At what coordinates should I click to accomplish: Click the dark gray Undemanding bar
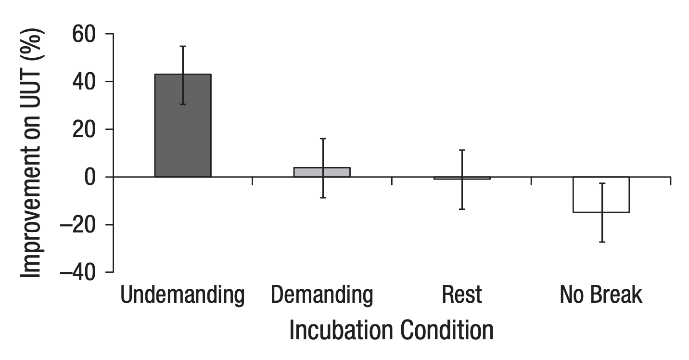(x=182, y=126)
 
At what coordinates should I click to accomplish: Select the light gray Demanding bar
(x=322, y=172)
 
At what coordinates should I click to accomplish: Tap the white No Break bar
(x=601, y=194)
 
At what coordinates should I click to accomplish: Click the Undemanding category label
(x=182, y=295)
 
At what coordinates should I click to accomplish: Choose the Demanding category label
(x=322, y=295)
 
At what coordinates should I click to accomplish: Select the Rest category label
(x=462, y=295)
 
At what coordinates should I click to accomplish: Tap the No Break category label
(x=601, y=295)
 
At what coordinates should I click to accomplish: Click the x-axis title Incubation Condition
(x=391, y=330)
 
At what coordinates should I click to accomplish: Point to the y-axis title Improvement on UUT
(x=32, y=153)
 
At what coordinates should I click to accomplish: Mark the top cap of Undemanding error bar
(x=183, y=46)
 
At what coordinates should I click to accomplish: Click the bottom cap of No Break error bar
(x=601, y=242)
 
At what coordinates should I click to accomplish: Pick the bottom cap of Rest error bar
(x=462, y=209)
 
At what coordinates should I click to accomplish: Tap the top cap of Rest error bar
(x=462, y=150)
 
